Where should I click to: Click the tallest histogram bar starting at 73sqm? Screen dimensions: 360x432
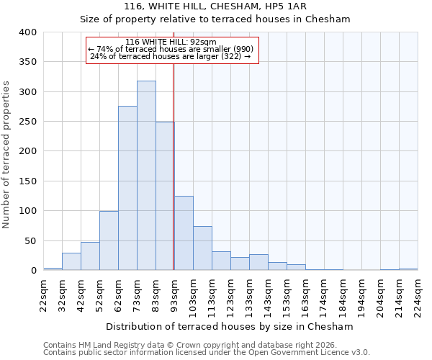[146, 176]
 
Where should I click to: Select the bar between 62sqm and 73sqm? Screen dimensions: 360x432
[127, 189]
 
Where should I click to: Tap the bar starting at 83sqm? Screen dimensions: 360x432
[165, 197]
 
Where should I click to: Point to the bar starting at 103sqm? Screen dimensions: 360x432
[202, 249]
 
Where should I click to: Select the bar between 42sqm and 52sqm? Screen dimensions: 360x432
[90, 257]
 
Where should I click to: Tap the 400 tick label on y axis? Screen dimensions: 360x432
[27, 32]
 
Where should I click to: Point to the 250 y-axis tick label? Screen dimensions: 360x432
[27, 122]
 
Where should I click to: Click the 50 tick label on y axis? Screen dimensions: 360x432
[30, 240]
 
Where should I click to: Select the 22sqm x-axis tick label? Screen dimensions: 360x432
[44, 294]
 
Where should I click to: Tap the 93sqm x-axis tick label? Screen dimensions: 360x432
[175, 294]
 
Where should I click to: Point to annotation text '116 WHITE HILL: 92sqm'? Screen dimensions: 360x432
[171, 42]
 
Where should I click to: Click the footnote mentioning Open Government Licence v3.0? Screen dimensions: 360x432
[207, 352]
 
